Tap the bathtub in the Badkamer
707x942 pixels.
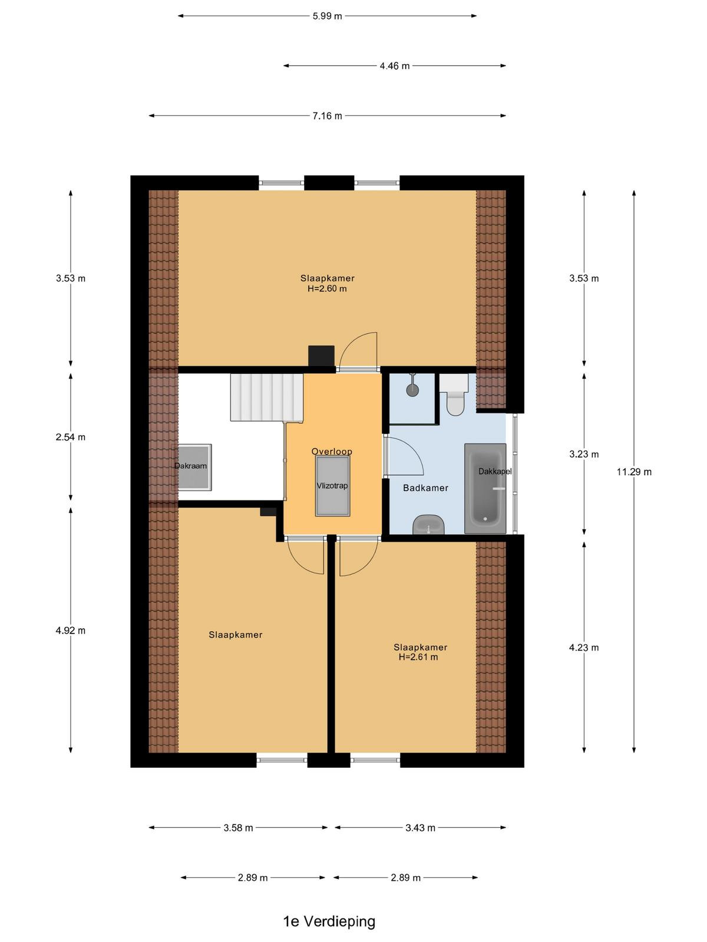[x=485, y=489]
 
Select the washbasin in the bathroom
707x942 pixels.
[x=428, y=525]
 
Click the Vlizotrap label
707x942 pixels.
[x=332, y=486]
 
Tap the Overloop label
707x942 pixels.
[x=332, y=452]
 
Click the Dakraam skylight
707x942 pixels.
[x=192, y=467]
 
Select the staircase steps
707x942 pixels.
[x=266, y=397]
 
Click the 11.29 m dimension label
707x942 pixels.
[x=634, y=472]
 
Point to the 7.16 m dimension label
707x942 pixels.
[x=327, y=116]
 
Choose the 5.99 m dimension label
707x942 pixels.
[x=327, y=16]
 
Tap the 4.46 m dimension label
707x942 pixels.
[x=395, y=66]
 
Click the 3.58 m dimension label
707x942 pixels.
[x=238, y=828]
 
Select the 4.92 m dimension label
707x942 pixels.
[x=70, y=631]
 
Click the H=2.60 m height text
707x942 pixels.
[x=327, y=289]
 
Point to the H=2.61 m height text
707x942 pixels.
[x=418, y=657]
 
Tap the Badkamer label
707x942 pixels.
[x=425, y=488]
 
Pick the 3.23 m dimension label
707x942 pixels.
[x=584, y=454]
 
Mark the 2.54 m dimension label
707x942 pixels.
[x=70, y=437]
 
